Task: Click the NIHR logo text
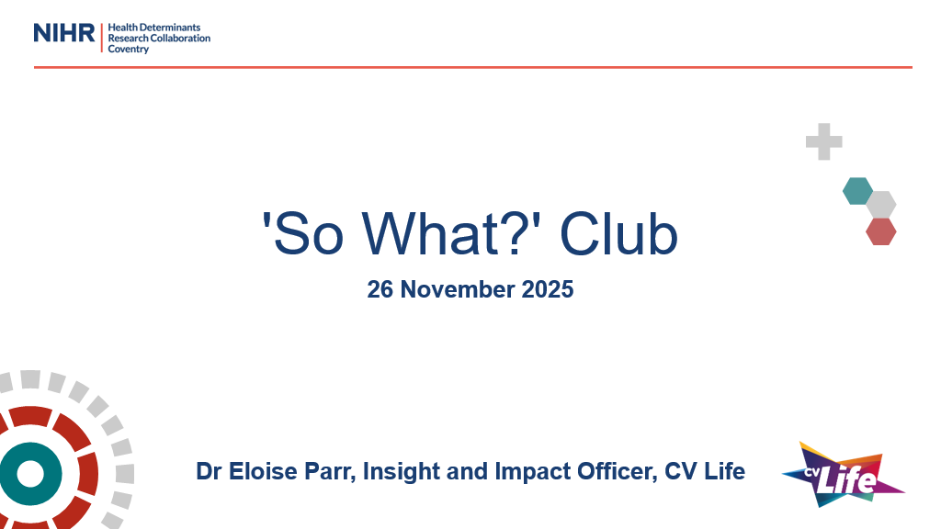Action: [64, 33]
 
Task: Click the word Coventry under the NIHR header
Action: [129, 49]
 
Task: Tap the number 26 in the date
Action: [380, 289]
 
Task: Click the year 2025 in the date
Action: [547, 289]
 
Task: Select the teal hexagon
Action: [857, 191]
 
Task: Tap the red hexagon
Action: [880, 231]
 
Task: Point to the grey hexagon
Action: [880, 205]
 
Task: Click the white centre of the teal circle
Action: [30, 474]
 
